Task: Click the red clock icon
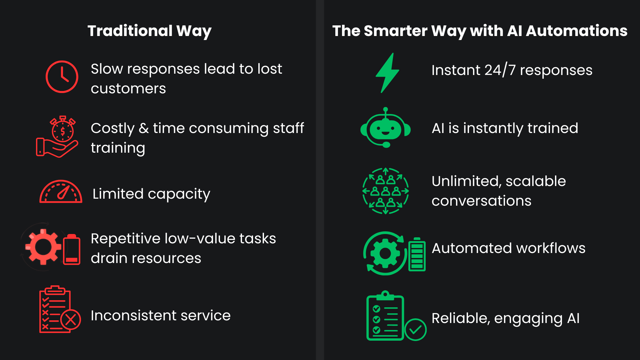point(62,77)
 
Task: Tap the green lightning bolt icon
point(387,73)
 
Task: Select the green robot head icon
point(386,128)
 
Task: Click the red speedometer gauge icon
point(61,192)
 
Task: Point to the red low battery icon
point(72,250)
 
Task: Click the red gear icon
point(43,247)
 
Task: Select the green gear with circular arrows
point(385,254)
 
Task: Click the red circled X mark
point(71,320)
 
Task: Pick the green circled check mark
point(415,330)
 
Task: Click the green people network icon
point(386,191)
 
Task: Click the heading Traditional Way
point(149,31)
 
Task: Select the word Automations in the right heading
point(576,31)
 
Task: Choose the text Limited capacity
point(151,194)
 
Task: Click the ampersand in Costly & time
point(144,128)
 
